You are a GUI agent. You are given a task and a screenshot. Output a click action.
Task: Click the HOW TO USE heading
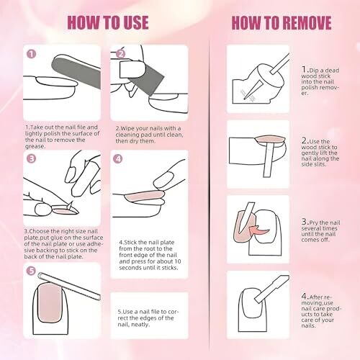coord(108,22)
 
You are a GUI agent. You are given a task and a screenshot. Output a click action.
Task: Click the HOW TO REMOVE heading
coord(282,23)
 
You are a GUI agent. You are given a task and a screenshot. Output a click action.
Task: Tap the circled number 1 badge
coord(31,54)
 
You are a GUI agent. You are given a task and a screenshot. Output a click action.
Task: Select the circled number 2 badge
coord(121,54)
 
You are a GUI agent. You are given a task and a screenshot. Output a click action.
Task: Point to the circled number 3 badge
coord(31,158)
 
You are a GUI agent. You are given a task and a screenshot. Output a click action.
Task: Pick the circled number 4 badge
coord(117,158)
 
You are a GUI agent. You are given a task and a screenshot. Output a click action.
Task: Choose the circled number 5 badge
coord(31,271)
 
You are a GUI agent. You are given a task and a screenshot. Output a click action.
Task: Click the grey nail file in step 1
coord(76,72)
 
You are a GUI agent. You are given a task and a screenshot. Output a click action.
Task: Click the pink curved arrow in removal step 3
coord(259,231)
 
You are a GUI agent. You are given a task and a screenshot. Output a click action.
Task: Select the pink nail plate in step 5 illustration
coord(50,302)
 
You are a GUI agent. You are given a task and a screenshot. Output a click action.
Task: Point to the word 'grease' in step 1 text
coord(35,146)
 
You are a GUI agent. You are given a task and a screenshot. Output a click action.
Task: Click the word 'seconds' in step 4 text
coord(129,268)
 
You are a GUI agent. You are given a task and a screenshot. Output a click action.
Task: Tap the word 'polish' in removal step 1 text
coord(310,87)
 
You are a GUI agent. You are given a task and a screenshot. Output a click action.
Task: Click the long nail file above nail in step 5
coord(69,287)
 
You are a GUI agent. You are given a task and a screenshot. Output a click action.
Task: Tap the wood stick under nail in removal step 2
coord(269,158)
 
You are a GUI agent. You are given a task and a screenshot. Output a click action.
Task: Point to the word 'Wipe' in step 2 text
coord(127,128)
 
